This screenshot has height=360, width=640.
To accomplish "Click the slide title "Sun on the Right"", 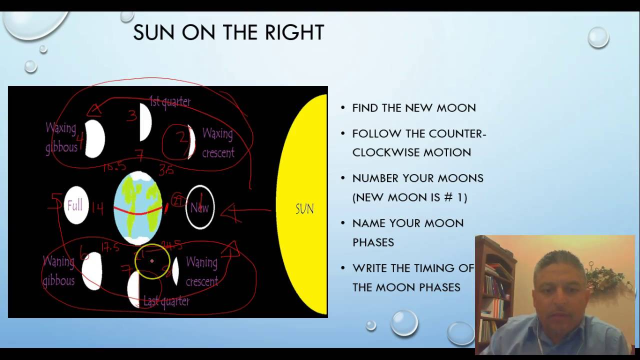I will (228, 33).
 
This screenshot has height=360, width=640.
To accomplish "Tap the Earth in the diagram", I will (138, 208).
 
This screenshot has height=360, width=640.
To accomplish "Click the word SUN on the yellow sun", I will (304, 208).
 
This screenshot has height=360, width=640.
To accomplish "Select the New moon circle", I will (200, 207).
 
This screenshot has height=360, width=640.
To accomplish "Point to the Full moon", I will (76, 205).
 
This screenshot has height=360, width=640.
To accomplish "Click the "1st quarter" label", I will (170, 102).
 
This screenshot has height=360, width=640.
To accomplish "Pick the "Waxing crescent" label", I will (218, 143).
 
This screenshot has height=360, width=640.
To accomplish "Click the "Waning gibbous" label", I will (58, 271).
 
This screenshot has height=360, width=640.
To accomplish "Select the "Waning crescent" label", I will (201, 271).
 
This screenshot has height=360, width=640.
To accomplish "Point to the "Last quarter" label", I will (166, 301).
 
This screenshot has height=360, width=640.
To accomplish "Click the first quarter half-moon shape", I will (145, 121).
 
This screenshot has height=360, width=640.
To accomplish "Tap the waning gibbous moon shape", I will (92, 270).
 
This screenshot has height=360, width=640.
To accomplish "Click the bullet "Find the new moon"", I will (414, 108).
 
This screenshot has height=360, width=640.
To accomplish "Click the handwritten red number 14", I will (98, 207).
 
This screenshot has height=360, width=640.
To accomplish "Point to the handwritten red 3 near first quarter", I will (132, 116).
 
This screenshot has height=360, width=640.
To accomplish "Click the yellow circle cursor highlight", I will (152, 261).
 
